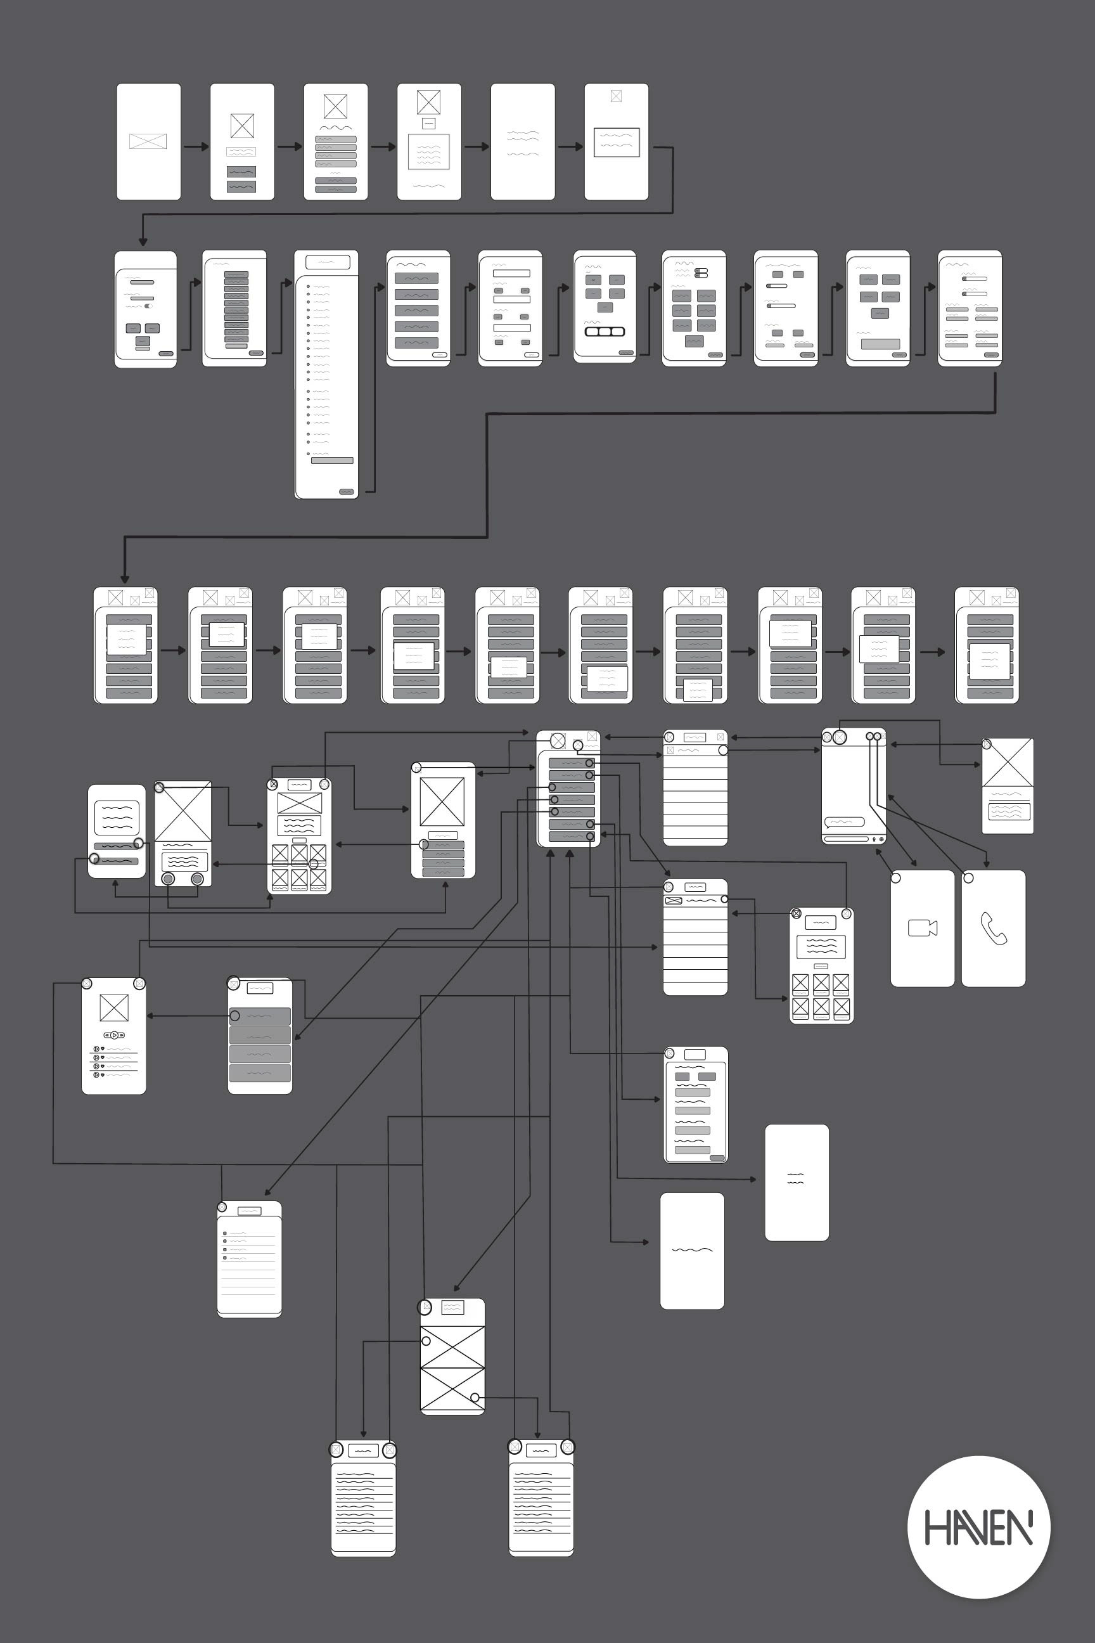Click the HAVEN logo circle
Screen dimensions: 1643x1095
pos(978,1527)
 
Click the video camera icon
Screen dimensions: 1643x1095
pos(922,928)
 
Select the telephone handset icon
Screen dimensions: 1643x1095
pos(993,929)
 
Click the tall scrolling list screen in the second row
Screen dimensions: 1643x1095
pos(326,375)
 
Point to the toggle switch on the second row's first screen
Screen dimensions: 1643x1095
pos(149,306)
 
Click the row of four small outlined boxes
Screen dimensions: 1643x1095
pos(604,331)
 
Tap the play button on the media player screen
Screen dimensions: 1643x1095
pos(115,1034)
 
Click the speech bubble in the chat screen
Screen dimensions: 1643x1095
pos(844,821)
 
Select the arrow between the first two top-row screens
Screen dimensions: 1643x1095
pos(196,146)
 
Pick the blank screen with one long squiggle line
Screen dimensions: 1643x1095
pos(692,1251)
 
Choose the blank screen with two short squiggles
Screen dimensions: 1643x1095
pos(796,1182)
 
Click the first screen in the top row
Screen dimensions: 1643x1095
pos(148,142)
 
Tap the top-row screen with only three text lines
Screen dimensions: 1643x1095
pos(522,142)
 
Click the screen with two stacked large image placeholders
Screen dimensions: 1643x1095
pos(452,1356)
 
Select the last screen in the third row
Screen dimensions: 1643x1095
pos(986,645)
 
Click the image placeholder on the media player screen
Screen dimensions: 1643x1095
pos(114,1008)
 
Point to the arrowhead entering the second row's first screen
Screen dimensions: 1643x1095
pos(143,242)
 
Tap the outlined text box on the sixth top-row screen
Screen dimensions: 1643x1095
pos(616,143)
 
